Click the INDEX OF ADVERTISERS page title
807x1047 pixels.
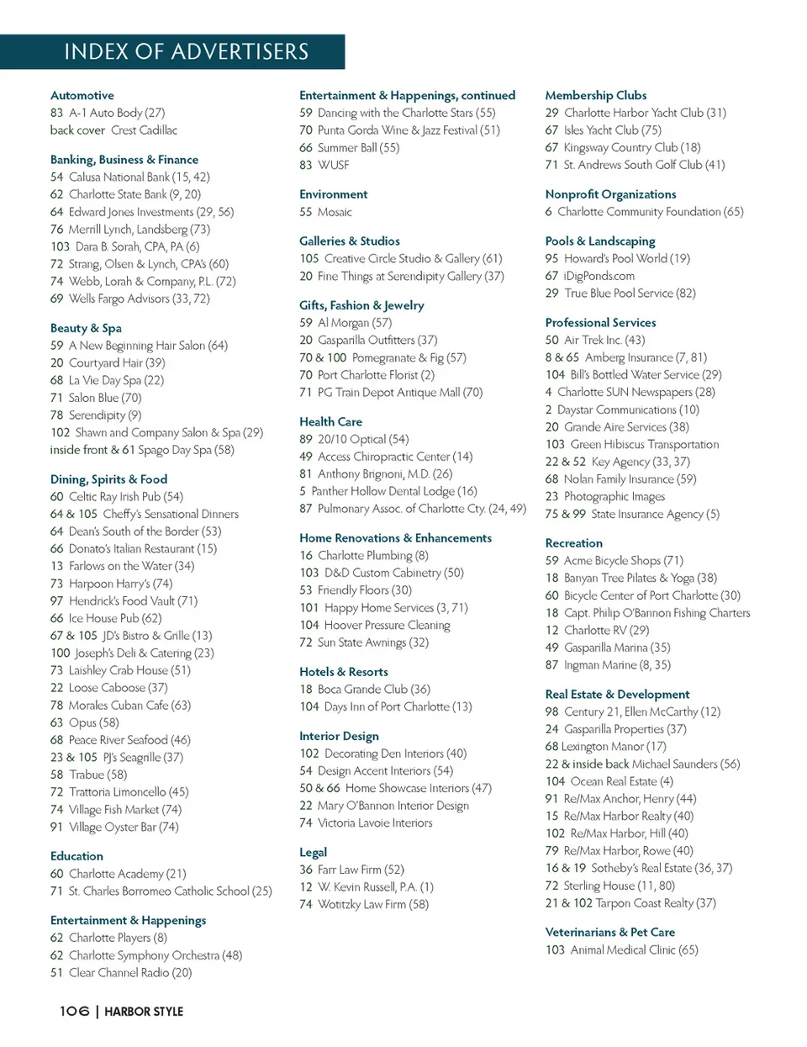pos(186,52)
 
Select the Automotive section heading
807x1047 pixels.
pos(82,96)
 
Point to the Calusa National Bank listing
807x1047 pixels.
pos(130,177)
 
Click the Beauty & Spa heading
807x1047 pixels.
pos(86,328)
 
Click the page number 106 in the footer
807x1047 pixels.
pos(74,1011)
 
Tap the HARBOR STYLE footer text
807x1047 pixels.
pos(144,1012)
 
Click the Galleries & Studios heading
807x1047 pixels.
pos(350,241)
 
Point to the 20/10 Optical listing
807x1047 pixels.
pos(354,439)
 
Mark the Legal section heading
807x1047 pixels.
pos(313,853)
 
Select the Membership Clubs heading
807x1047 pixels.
pos(595,96)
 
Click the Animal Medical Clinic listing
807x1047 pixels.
pos(622,950)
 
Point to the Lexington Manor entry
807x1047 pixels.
pos(605,747)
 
